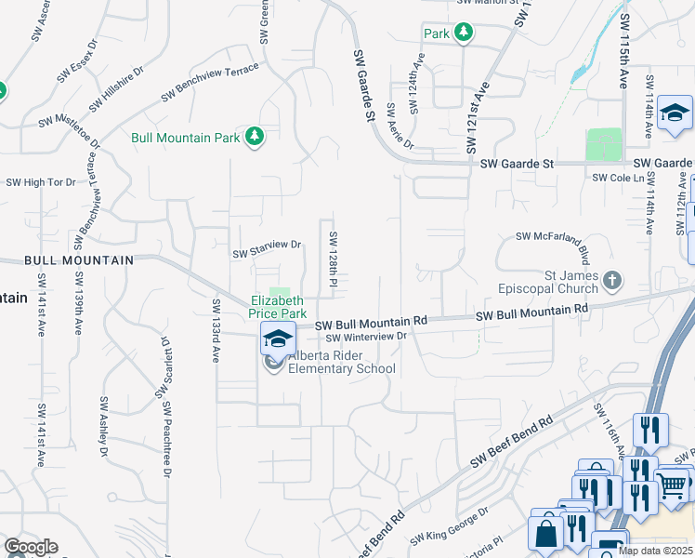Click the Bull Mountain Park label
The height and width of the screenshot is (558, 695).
(x=185, y=138)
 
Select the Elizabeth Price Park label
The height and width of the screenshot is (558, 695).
(x=276, y=307)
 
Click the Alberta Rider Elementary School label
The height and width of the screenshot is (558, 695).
(x=341, y=363)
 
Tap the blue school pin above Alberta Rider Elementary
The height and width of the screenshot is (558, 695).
(x=277, y=339)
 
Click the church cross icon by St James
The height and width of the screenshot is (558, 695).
(x=611, y=278)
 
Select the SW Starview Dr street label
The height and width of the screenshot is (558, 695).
(x=268, y=249)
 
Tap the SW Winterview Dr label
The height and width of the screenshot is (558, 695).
(x=366, y=337)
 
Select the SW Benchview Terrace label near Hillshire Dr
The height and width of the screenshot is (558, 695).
(x=210, y=83)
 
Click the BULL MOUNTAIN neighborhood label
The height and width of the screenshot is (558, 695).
(x=79, y=260)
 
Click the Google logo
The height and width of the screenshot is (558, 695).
(x=31, y=547)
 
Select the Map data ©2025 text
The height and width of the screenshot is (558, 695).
(x=655, y=551)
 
